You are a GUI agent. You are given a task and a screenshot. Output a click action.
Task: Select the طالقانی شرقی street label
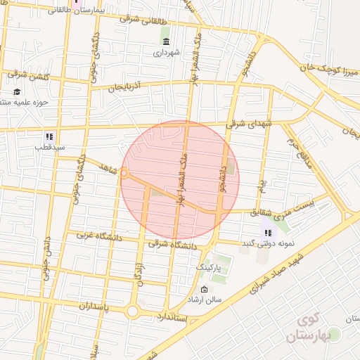point(143,19)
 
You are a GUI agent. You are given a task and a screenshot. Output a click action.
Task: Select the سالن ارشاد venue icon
point(204,290)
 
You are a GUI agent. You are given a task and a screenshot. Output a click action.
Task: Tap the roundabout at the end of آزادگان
point(132,311)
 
